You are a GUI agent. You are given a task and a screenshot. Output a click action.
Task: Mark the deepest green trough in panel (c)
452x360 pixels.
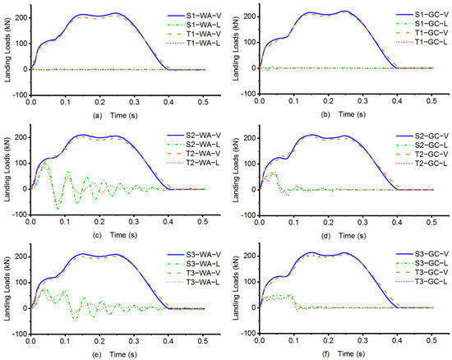tap(58, 209)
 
